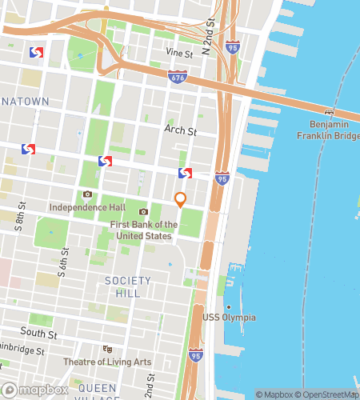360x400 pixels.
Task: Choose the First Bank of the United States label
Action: (x=144, y=230)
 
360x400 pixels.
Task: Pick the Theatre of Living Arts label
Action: (x=107, y=362)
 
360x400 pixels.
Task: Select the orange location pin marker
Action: (x=181, y=199)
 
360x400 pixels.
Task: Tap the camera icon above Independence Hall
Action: (x=87, y=194)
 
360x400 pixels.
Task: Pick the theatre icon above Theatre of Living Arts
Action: (x=107, y=349)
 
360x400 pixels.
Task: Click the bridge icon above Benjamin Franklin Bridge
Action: (x=328, y=111)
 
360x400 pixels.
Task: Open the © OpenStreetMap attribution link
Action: (x=328, y=394)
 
